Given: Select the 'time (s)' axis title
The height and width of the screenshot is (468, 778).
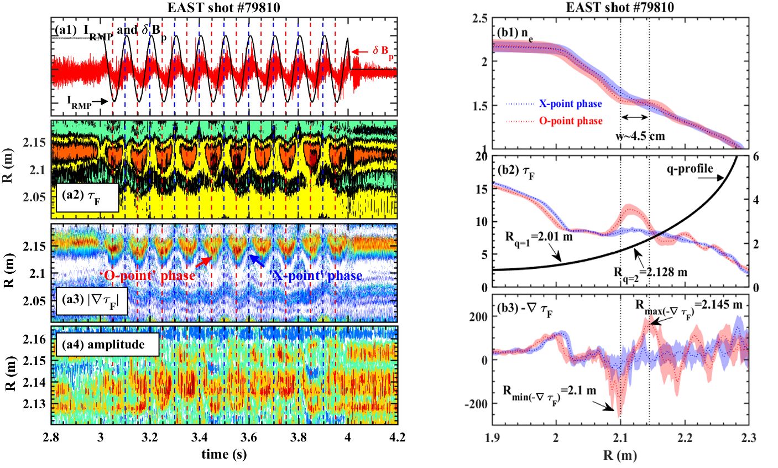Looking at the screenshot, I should coord(223,454).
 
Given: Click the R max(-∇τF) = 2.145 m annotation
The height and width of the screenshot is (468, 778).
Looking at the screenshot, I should coord(688,304).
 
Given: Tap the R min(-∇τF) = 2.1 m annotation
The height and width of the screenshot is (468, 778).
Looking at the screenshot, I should coord(549,391).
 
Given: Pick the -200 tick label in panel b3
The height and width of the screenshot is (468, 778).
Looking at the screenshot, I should coord(476,404).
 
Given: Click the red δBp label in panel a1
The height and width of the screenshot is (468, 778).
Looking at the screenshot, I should coord(382,51).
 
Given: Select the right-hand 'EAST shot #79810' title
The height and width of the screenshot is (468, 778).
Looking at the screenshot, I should coord(620,7).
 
